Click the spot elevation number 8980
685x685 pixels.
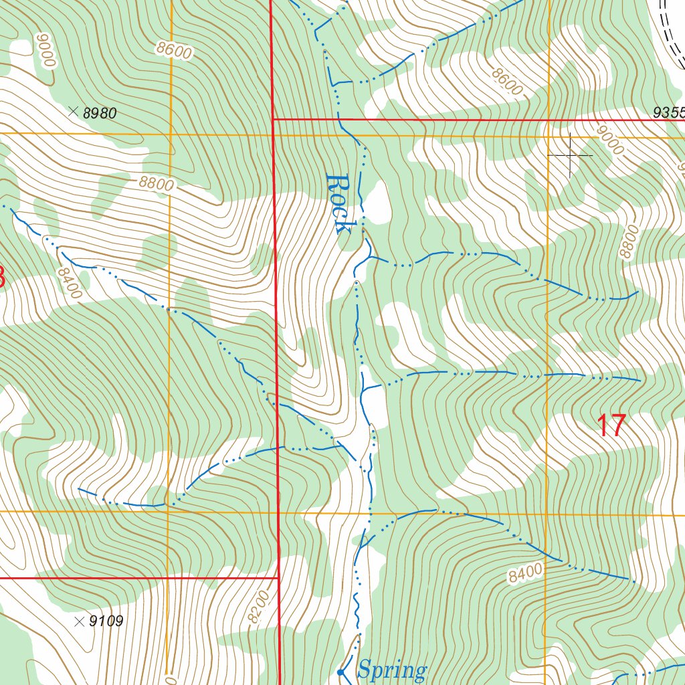point(100,114)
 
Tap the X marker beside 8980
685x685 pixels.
point(73,112)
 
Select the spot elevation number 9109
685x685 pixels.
point(106,621)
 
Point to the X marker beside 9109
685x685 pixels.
point(80,621)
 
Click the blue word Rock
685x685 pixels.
point(338,203)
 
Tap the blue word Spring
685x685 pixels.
point(392,670)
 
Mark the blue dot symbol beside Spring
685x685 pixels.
point(340,672)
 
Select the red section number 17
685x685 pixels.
point(611,426)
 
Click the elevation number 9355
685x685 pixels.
point(669,113)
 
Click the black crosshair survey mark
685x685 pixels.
point(570,155)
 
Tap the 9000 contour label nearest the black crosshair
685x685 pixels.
point(610,143)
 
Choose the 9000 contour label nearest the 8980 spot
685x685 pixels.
point(45,50)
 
